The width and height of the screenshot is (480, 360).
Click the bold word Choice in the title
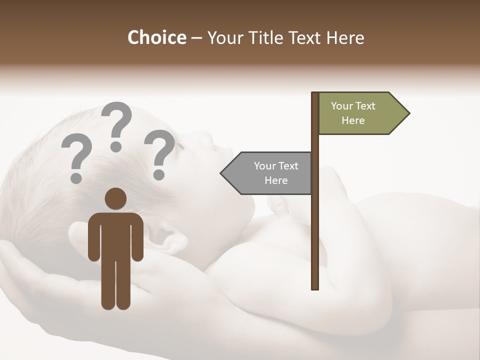[156, 37]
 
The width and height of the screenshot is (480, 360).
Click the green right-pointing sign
[360, 113]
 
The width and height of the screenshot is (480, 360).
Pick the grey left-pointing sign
[270, 173]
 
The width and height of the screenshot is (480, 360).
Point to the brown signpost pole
[315, 225]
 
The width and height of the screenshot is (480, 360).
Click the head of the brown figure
[115, 198]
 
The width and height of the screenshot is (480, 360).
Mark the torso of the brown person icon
[115, 235]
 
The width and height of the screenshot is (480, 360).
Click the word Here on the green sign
[353, 120]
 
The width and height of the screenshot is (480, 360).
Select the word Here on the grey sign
[276, 180]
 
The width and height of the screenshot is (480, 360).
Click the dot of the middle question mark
[116, 146]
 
